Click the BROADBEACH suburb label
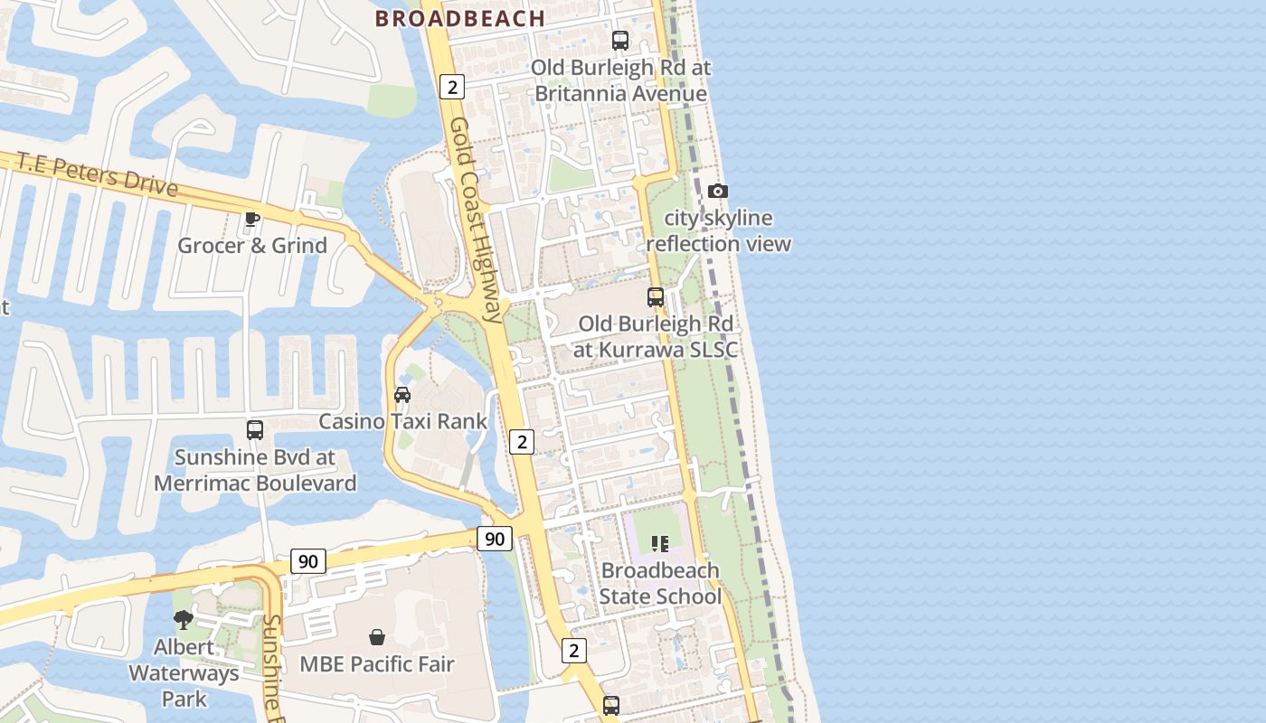[x=459, y=18]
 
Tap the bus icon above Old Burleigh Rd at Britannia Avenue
[x=620, y=41]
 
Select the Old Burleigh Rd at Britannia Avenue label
[x=620, y=80]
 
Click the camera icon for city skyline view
[x=718, y=191]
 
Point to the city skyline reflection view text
[x=718, y=231]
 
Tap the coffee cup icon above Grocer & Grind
[x=252, y=218]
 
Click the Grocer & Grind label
[x=252, y=246]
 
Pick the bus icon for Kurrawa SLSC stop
[x=656, y=297]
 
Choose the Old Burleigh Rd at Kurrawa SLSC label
[x=656, y=336]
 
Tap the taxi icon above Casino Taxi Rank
[x=402, y=395]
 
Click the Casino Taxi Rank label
[x=402, y=421]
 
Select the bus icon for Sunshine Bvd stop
[x=255, y=430]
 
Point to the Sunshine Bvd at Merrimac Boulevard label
[x=255, y=470]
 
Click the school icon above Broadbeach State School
[x=660, y=544]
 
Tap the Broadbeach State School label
[x=660, y=584]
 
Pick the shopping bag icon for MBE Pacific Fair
[x=377, y=637]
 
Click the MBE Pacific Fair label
[x=377, y=664]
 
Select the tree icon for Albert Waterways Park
[x=184, y=620]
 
